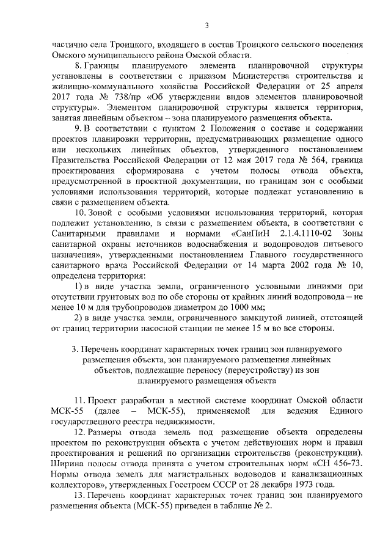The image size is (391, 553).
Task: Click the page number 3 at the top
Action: point(206,25)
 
